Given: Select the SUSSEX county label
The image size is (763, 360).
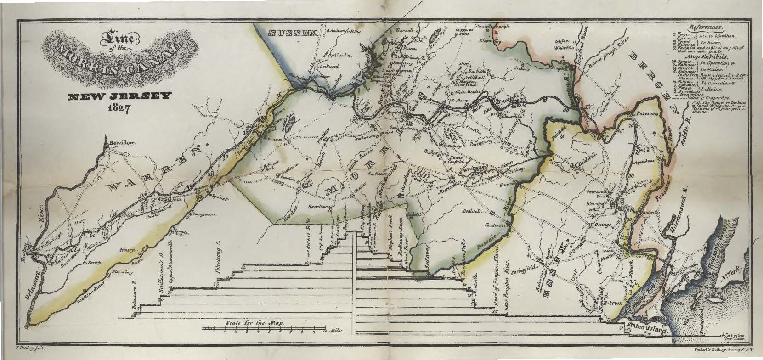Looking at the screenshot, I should tap(293, 33).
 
